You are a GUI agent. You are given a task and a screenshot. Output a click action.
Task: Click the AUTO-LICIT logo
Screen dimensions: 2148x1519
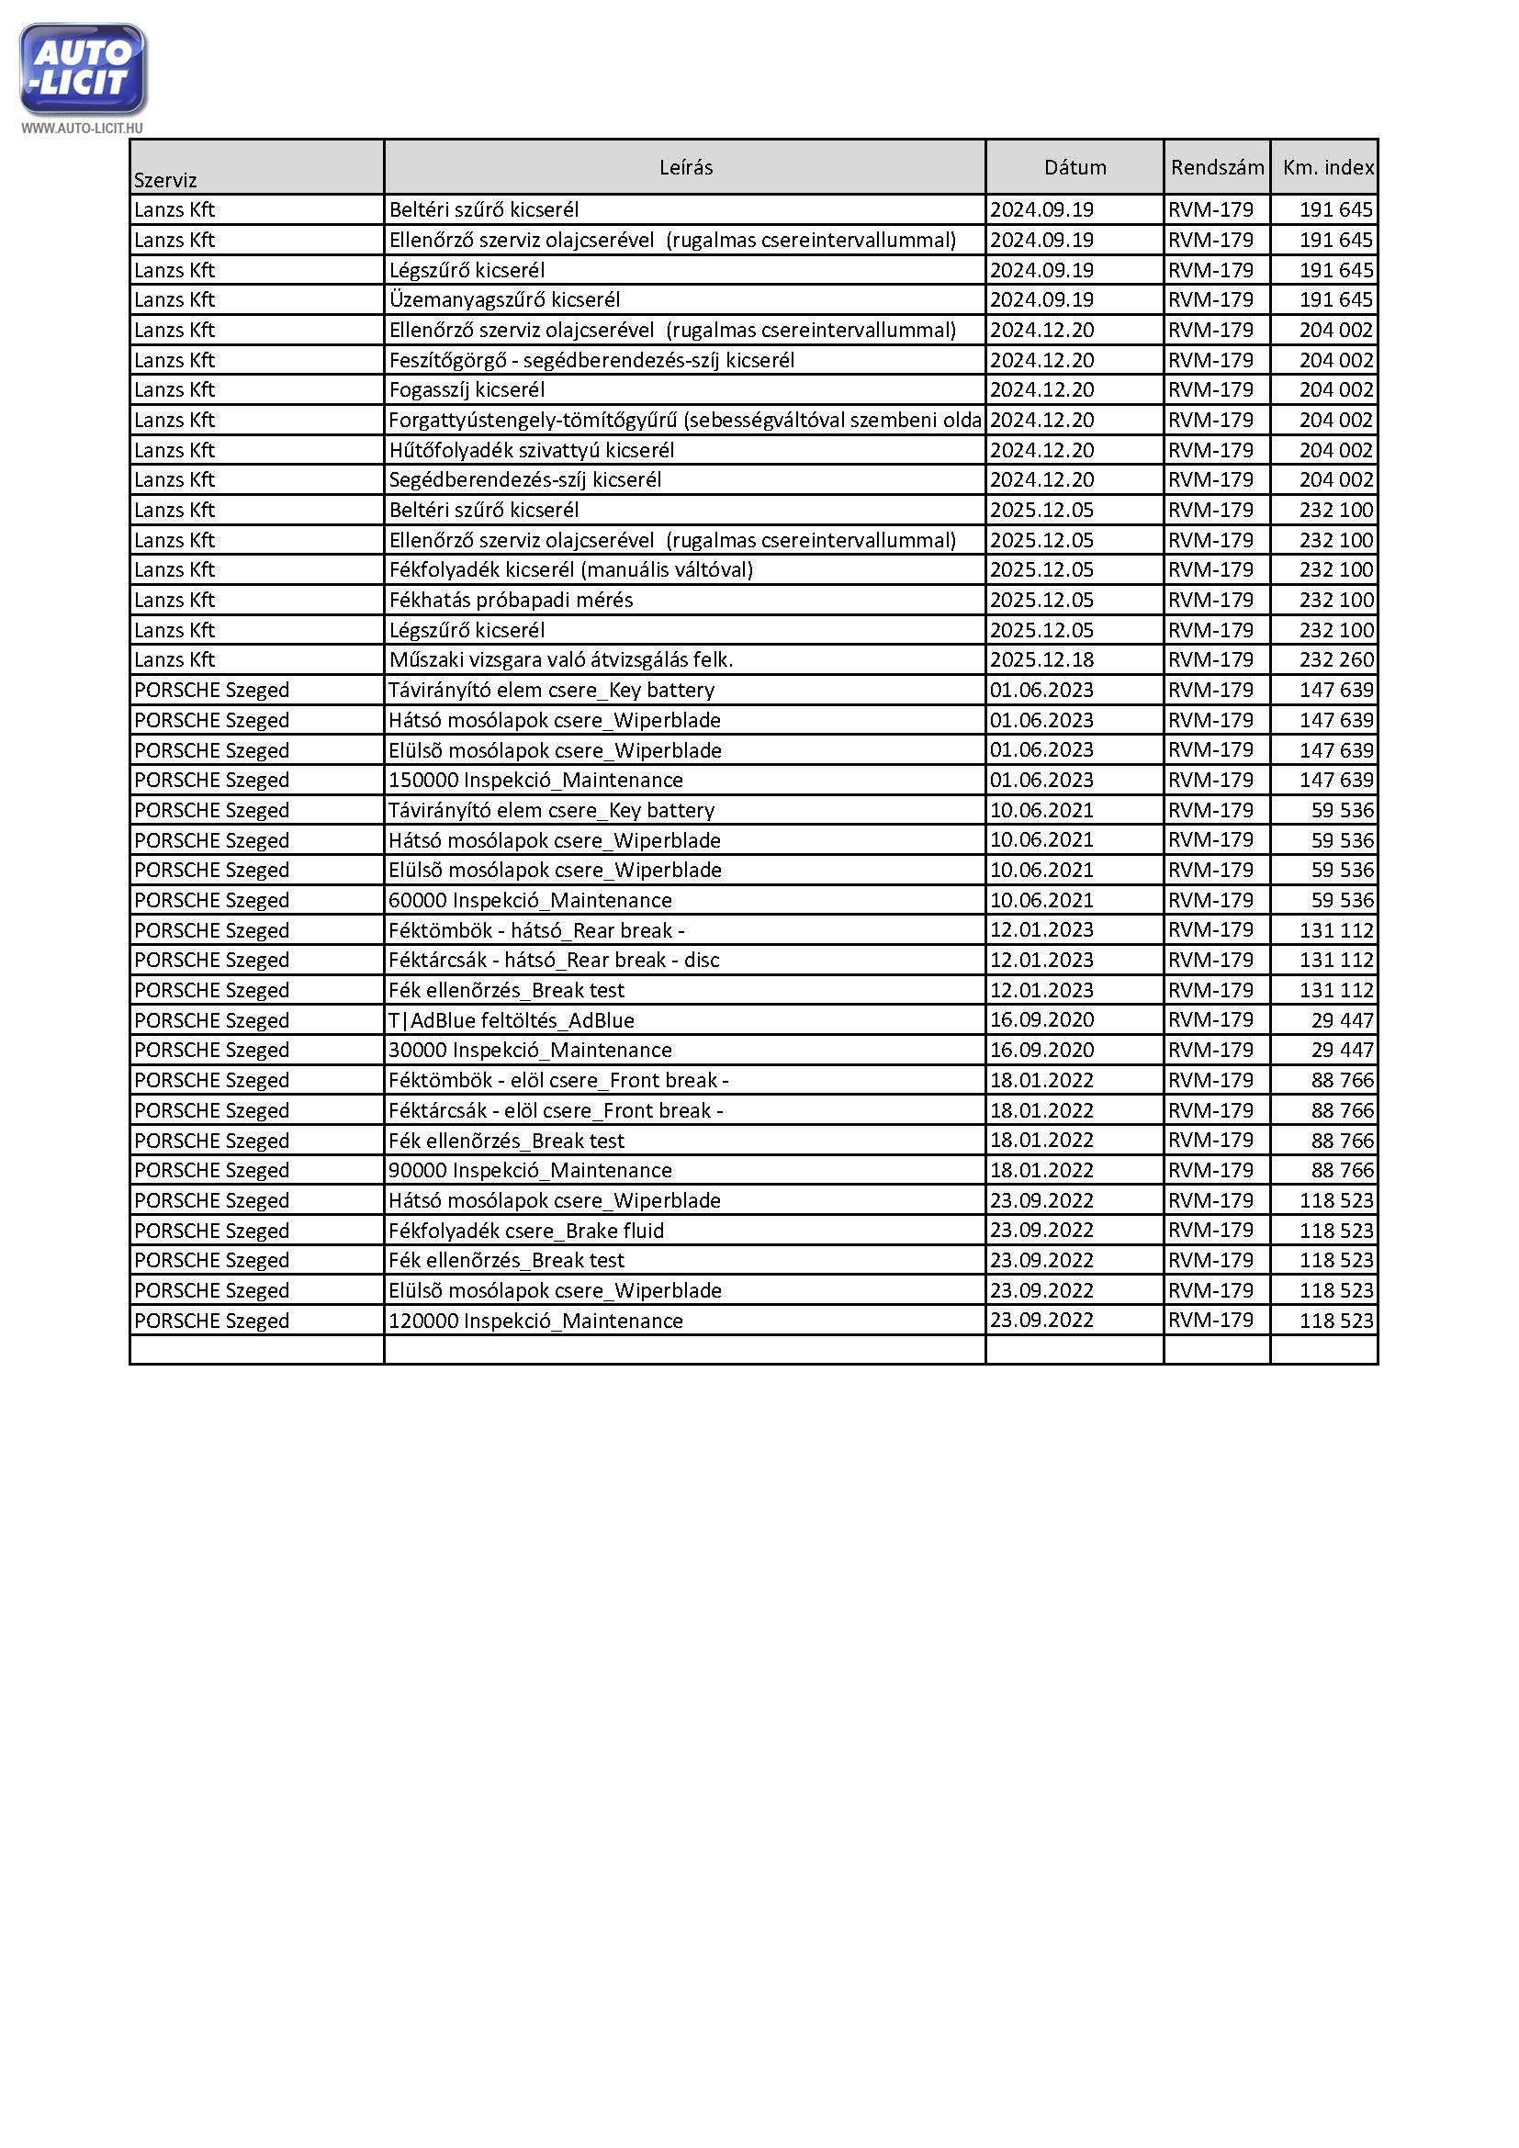(x=83, y=69)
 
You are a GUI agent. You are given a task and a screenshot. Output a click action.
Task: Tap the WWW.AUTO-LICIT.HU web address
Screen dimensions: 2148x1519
(x=83, y=129)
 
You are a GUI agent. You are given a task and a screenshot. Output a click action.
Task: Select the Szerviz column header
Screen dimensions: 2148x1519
(x=165, y=180)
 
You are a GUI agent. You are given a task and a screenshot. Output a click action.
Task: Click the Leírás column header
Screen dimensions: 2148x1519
(x=686, y=167)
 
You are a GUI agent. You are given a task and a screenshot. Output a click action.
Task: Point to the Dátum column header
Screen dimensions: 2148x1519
(x=1075, y=167)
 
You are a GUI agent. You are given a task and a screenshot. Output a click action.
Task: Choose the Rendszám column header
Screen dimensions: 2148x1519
(x=1217, y=167)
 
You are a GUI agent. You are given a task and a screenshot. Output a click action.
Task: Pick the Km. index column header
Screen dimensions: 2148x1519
(x=1327, y=167)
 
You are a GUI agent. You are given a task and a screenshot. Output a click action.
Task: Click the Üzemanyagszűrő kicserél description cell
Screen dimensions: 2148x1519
(x=504, y=299)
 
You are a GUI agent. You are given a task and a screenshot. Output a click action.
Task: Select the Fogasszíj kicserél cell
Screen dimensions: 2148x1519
(x=467, y=389)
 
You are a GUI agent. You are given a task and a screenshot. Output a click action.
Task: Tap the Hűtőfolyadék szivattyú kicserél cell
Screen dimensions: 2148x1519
(x=531, y=450)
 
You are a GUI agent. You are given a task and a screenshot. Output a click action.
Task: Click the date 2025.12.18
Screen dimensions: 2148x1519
(x=1042, y=659)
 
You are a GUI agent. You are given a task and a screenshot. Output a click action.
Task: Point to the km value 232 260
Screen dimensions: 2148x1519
(x=1335, y=659)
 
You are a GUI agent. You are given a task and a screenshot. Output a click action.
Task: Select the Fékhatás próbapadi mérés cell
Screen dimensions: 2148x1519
(x=511, y=600)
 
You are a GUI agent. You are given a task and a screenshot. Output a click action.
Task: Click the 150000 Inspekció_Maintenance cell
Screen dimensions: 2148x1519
(x=536, y=780)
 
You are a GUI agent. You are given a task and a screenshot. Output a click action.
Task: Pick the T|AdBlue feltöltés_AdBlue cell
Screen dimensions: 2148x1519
(x=512, y=1019)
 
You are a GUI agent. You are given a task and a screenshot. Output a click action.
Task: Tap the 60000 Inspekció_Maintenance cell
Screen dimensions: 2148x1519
(x=530, y=900)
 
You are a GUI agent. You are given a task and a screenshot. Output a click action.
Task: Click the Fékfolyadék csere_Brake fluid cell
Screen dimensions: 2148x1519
(x=526, y=1231)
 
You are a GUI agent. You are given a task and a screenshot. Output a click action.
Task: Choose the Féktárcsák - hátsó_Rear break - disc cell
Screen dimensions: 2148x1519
(x=554, y=960)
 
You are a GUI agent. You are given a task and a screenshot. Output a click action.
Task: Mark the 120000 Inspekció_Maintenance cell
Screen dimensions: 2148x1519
(x=536, y=1320)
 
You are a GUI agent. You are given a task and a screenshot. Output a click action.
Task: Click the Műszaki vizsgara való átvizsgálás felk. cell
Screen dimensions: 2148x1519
(x=561, y=659)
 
